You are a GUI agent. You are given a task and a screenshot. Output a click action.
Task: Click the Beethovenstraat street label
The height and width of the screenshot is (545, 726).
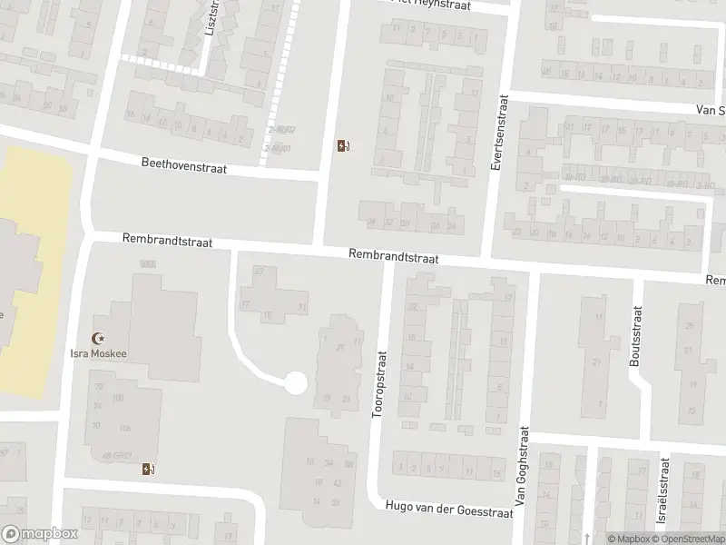click(183, 166)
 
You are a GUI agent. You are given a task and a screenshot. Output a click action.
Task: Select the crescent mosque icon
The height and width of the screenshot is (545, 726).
click(99, 338)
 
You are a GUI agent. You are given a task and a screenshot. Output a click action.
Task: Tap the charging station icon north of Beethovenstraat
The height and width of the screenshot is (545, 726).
click(343, 145)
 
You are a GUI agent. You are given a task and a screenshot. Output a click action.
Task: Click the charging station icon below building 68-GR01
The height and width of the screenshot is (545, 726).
click(148, 470)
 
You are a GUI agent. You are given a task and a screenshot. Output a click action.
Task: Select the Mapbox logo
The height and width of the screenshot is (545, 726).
click(38, 534)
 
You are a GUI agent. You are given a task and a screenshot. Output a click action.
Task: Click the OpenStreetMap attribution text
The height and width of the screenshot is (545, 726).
click(690, 539)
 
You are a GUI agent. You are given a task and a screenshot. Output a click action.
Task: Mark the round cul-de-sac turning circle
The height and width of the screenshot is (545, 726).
click(295, 382)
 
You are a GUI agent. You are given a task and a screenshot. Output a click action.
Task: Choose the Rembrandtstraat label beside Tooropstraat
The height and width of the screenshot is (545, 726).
click(393, 258)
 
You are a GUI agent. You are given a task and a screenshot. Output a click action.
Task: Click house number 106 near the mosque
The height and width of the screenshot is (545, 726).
click(124, 428)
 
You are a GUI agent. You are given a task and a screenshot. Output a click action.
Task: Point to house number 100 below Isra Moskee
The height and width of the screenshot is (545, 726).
click(117, 398)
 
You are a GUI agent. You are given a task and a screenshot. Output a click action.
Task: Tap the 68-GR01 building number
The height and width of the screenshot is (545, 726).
click(118, 455)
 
